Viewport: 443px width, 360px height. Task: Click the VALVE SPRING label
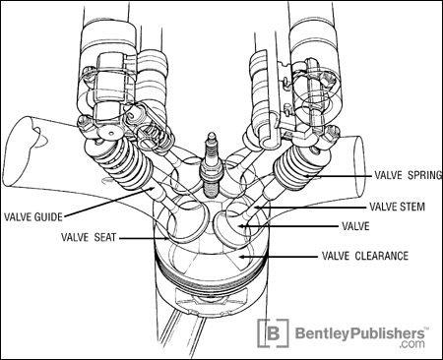(409, 175)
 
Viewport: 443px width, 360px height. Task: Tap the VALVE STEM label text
(397, 207)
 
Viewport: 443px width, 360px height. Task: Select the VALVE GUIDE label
(32, 217)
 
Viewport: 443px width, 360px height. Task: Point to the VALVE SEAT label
(89, 237)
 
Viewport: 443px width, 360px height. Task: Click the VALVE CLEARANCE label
(365, 256)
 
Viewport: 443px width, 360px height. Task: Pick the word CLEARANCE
(382, 256)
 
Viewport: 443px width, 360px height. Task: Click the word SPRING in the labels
(425, 175)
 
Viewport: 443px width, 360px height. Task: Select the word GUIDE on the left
(48, 217)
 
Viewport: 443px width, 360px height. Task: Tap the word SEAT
(105, 237)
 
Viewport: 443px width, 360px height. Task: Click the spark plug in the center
(211, 165)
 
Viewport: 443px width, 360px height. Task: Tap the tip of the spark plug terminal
(211, 133)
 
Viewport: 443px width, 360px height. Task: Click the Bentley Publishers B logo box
(274, 333)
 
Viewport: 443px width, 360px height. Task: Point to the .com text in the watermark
(411, 343)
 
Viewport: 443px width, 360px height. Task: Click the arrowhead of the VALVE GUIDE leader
(153, 188)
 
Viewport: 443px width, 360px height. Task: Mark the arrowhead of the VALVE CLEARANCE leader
(241, 256)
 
